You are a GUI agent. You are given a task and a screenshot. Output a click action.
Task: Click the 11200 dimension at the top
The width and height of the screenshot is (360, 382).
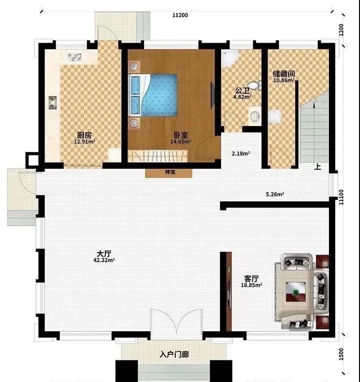(180, 15)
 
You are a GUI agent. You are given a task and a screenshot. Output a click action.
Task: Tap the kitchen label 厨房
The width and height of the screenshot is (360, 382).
(84, 135)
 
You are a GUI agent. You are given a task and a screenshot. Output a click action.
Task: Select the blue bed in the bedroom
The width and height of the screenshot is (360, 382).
(153, 95)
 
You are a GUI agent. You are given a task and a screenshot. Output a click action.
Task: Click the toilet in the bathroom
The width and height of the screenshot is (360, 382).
(255, 85)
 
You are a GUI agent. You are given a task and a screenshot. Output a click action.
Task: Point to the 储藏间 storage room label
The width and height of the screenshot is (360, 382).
(284, 74)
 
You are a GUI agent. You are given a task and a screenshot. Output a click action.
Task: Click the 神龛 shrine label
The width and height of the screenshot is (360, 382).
(170, 172)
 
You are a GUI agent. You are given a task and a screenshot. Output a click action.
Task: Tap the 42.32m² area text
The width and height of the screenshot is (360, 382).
(104, 260)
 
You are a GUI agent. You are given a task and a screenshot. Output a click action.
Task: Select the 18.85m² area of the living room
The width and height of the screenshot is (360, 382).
(251, 285)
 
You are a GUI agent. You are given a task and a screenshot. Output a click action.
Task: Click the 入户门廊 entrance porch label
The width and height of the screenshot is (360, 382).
(174, 355)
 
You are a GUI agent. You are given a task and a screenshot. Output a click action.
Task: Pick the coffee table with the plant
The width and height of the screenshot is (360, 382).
(296, 291)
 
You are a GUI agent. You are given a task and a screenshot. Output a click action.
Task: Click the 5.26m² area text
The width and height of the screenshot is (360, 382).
(275, 195)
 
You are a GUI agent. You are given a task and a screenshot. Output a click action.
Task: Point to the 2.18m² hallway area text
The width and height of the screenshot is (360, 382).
(241, 153)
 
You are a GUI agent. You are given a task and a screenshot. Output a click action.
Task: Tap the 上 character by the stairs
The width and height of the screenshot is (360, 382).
(318, 166)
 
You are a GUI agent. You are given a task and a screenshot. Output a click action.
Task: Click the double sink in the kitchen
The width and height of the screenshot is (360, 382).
(75, 57)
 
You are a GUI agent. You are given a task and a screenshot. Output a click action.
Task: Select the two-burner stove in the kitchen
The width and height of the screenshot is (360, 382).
(53, 103)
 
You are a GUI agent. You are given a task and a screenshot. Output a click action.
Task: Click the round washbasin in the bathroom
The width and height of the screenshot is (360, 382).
(255, 116)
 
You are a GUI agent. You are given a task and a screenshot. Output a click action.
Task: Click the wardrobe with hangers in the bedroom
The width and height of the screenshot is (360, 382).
(157, 156)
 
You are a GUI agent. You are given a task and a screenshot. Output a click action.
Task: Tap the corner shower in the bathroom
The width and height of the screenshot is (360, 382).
(229, 58)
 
